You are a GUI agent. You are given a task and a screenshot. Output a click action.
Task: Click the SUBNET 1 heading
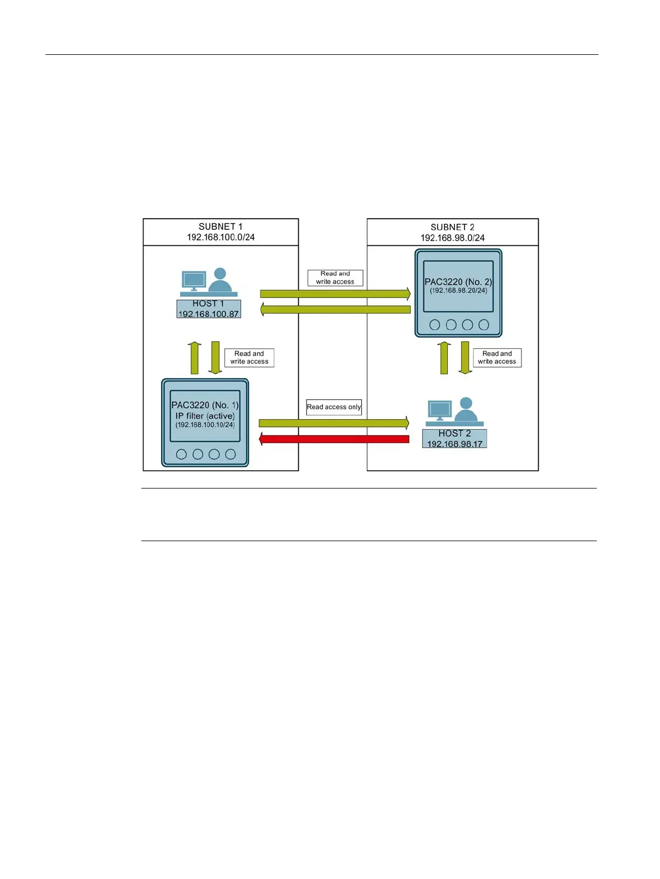(x=221, y=227)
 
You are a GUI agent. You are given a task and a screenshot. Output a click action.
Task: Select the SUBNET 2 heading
(x=452, y=227)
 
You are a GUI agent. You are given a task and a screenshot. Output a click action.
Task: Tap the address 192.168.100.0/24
(x=221, y=237)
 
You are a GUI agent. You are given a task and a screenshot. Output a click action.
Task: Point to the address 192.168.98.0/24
(x=452, y=238)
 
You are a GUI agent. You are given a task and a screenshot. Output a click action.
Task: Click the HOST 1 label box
(x=208, y=309)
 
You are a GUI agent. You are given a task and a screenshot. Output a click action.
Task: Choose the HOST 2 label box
(x=454, y=439)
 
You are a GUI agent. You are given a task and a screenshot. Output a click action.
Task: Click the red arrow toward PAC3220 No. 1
(x=334, y=439)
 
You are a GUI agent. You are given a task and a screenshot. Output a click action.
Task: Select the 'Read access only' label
(x=334, y=407)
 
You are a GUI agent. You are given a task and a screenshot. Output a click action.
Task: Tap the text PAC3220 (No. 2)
(x=458, y=281)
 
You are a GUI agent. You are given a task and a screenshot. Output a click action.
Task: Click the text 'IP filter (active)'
(x=205, y=415)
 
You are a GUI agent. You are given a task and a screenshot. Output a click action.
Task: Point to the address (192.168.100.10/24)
(x=205, y=425)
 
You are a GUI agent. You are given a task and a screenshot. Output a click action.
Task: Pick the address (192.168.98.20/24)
(x=458, y=290)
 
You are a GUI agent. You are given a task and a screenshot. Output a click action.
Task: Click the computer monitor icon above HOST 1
(x=194, y=280)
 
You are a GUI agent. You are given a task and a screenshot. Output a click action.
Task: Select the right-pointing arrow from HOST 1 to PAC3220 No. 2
(x=335, y=294)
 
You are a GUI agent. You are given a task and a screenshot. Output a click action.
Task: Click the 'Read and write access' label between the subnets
(x=335, y=277)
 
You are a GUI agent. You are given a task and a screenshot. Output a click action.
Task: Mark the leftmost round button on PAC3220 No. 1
(x=181, y=454)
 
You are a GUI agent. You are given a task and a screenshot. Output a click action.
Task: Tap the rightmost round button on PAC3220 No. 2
(x=484, y=325)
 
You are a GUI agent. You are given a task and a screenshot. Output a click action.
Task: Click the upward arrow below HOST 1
(x=195, y=358)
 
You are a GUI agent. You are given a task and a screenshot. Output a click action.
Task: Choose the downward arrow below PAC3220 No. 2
(x=465, y=358)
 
